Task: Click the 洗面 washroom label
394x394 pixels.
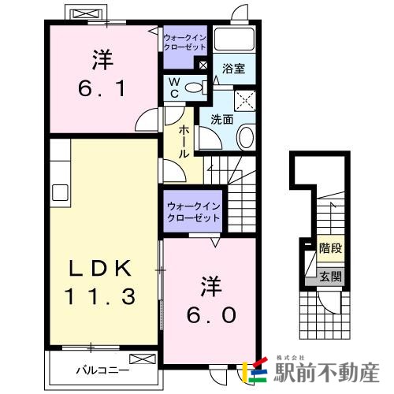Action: point(221,120)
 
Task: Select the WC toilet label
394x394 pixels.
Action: point(176,87)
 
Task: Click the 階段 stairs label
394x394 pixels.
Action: point(329,249)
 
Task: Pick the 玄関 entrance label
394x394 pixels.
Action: point(330,277)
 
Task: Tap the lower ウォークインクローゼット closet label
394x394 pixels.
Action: point(193,212)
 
